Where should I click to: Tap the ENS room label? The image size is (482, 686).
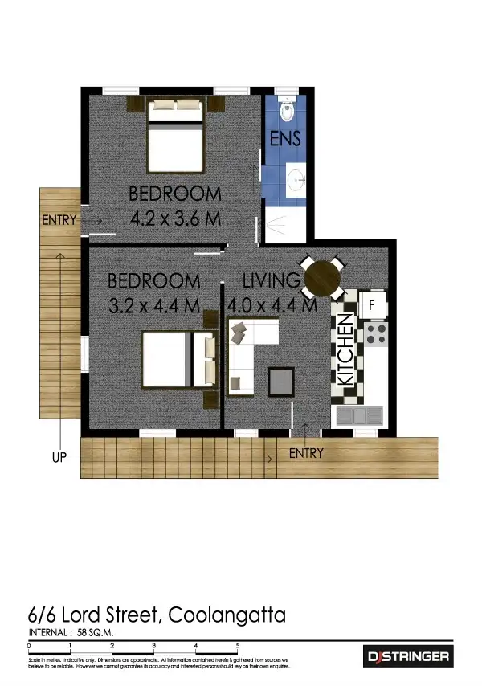285,138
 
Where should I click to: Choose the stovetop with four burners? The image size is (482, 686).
376,333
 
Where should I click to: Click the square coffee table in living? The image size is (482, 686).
280,379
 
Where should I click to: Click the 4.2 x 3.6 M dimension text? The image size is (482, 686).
175,218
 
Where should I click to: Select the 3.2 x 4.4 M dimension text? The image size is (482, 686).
153,305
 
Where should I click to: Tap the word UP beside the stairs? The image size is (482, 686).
59,457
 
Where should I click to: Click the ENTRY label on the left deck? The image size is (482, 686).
58,220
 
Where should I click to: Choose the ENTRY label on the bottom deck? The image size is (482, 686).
306,454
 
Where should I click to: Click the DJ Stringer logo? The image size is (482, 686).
408,656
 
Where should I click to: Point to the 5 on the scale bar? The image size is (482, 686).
237,645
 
